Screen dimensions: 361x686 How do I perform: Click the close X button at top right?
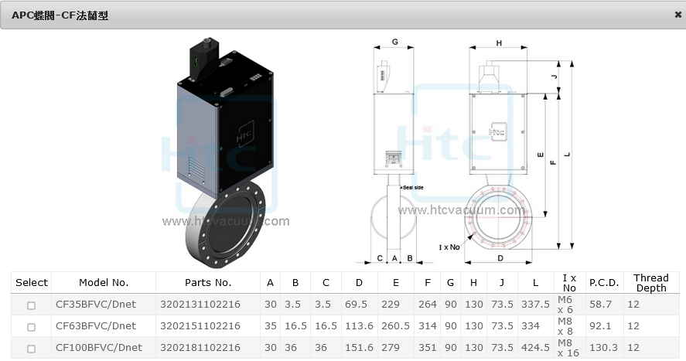pyautogui.click(x=678, y=14)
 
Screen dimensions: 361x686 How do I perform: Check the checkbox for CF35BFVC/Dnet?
pyautogui.click(x=32, y=305)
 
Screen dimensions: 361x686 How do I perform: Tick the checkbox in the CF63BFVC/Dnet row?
pyautogui.click(x=32, y=326)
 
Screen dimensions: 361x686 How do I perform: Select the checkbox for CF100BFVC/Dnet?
pyautogui.click(x=32, y=349)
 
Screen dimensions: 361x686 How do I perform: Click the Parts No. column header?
pyautogui.click(x=208, y=283)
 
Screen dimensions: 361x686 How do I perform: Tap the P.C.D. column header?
pyautogui.click(x=603, y=283)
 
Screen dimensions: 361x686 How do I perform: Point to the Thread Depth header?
pyautogui.click(x=650, y=283)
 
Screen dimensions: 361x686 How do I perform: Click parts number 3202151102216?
pyautogui.click(x=200, y=326)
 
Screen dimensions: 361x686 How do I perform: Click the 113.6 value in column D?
pyautogui.click(x=359, y=326)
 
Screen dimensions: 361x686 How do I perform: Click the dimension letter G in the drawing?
pyautogui.click(x=394, y=41)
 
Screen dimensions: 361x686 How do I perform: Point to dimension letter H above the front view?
pyautogui.click(x=500, y=43)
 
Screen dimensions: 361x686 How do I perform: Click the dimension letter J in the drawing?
pyautogui.click(x=554, y=77)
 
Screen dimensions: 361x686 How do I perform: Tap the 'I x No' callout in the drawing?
pyautogui.click(x=449, y=247)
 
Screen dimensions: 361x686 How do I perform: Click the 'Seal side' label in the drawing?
pyautogui.click(x=413, y=188)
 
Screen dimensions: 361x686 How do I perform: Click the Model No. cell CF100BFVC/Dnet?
pyautogui.click(x=98, y=348)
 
